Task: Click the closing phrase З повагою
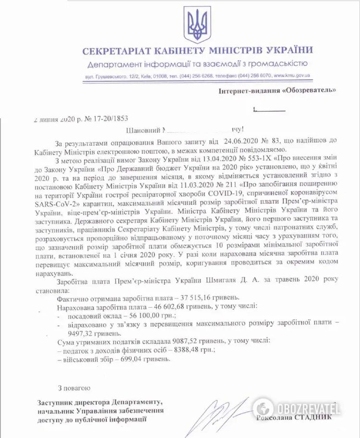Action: tap(74, 387)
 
